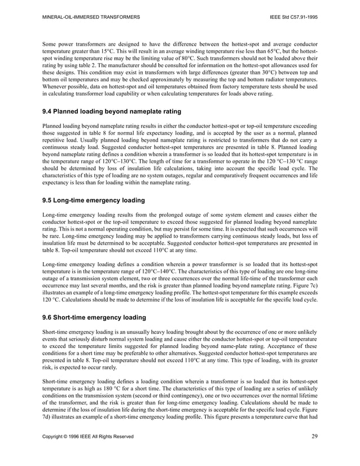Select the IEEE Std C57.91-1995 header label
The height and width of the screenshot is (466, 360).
tap(294, 18)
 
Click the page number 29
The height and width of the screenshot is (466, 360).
tap(314, 435)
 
